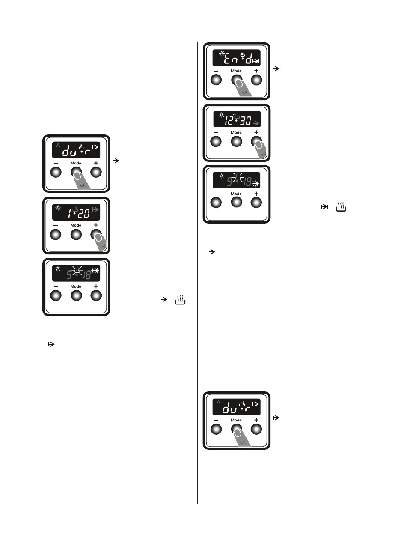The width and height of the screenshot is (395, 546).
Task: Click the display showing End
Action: point(236,58)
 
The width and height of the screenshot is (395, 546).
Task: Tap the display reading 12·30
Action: point(236,119)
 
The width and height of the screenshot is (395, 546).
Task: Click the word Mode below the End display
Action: point(236,71)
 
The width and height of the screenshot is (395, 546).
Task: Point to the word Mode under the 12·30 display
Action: point(236,132)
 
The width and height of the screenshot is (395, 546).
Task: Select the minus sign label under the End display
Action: point(216,70)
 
